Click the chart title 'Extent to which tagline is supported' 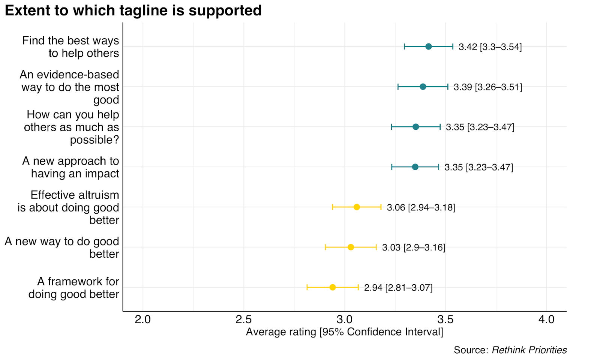[x=133, y=10]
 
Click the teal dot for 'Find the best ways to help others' [x=429, y=47]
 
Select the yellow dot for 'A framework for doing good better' [x=332, y=287]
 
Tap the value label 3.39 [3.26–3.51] [x=487, y=87]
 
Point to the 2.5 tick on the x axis [x=243, y=319]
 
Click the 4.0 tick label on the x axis [x=546, y=319]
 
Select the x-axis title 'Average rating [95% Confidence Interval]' [x=344, y=332]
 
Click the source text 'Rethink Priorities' [x=529, y=350]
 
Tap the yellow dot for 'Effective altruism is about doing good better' [x=357, y=207]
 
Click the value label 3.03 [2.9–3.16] [x=414, y=247]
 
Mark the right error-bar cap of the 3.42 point [x=453, y=47]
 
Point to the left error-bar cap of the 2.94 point [x=307, y=287]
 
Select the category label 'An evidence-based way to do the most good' [x=69, y=87]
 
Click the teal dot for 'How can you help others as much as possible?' [x=415, y=127]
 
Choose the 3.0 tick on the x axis [x=344, y=319]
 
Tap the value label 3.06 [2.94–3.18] [x=421, y=207]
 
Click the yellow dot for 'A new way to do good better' [x=351, y=247]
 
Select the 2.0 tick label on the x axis [x=142, y=319]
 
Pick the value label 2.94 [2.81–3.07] [x=398, y=288]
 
